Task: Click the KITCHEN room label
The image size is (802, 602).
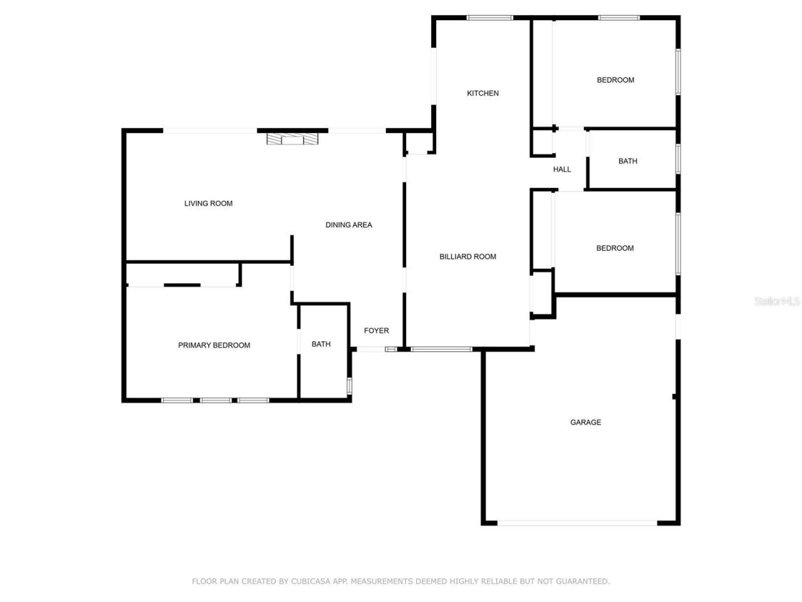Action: click(x=482, y=93)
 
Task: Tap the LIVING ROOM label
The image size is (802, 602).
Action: click(x=208, y=203)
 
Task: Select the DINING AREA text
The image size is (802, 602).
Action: click(x=348, y=225)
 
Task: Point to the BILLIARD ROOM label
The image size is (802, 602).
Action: click(x=467, y=256)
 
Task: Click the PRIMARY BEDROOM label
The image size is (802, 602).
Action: click(x=214, y=346)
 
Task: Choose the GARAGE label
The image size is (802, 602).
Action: click(x=585, y=423)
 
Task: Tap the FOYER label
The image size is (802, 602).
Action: click(x=376, y=330)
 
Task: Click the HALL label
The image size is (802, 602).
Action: click(x=561, y=169)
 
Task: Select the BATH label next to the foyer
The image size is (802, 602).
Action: click(x=321, y=344)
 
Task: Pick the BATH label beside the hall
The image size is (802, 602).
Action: click(x=627, y=161)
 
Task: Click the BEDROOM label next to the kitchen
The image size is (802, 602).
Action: click(x=615, y=80)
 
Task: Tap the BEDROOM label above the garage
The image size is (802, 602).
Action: click(x=615, y=248)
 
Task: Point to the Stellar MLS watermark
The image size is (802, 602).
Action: click(x=777, y=302)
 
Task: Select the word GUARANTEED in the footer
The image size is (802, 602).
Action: click(x=581, y=581)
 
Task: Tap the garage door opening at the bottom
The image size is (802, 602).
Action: click(x=577, y=522)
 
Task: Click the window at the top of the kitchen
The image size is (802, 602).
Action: click(x=490, y=18)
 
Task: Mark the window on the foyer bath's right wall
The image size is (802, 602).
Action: click(x=349, y=386)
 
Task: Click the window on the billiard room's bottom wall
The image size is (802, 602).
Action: click(x=442, y=349)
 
